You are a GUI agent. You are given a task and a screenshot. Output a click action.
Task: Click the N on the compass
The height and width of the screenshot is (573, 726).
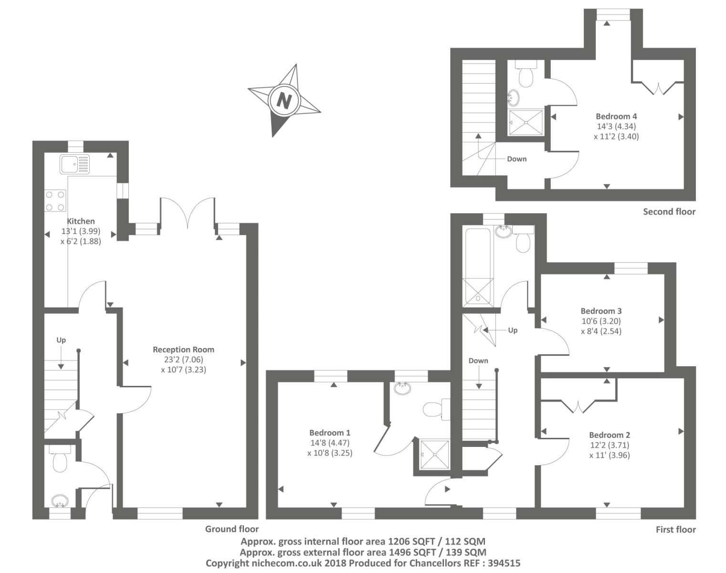[284, 101]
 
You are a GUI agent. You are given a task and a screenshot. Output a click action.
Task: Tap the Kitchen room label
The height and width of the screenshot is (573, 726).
[81, 221]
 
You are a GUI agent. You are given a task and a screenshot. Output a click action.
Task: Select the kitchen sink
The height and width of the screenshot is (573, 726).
[74, 164]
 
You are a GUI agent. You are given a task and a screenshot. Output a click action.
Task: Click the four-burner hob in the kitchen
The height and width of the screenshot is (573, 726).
[55, 201]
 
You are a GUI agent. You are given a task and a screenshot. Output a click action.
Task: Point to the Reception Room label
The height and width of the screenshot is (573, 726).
[183, 350]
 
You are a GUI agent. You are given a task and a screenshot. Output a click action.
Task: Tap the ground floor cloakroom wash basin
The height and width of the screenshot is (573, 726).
[60, 501]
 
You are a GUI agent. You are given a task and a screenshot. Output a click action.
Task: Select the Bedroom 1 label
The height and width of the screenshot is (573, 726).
[329, 433]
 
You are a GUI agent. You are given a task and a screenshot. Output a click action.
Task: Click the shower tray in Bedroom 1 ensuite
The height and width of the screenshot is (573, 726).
[434, 455]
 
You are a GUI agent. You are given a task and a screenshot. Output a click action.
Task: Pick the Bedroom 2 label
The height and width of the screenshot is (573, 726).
[609, 435]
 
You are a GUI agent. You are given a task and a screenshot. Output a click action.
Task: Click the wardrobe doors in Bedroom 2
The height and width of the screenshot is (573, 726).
[578, 406]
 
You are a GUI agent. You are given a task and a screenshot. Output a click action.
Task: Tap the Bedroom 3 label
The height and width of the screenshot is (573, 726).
[601, 311]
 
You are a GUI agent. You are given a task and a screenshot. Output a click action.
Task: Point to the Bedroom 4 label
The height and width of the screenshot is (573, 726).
[616, 116]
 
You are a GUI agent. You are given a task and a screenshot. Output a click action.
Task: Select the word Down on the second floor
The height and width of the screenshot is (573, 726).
[516, 159]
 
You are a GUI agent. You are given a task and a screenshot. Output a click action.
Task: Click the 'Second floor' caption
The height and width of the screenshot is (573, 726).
[669, 212]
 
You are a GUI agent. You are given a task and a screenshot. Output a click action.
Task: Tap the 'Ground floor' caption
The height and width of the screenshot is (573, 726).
[231, 529]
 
